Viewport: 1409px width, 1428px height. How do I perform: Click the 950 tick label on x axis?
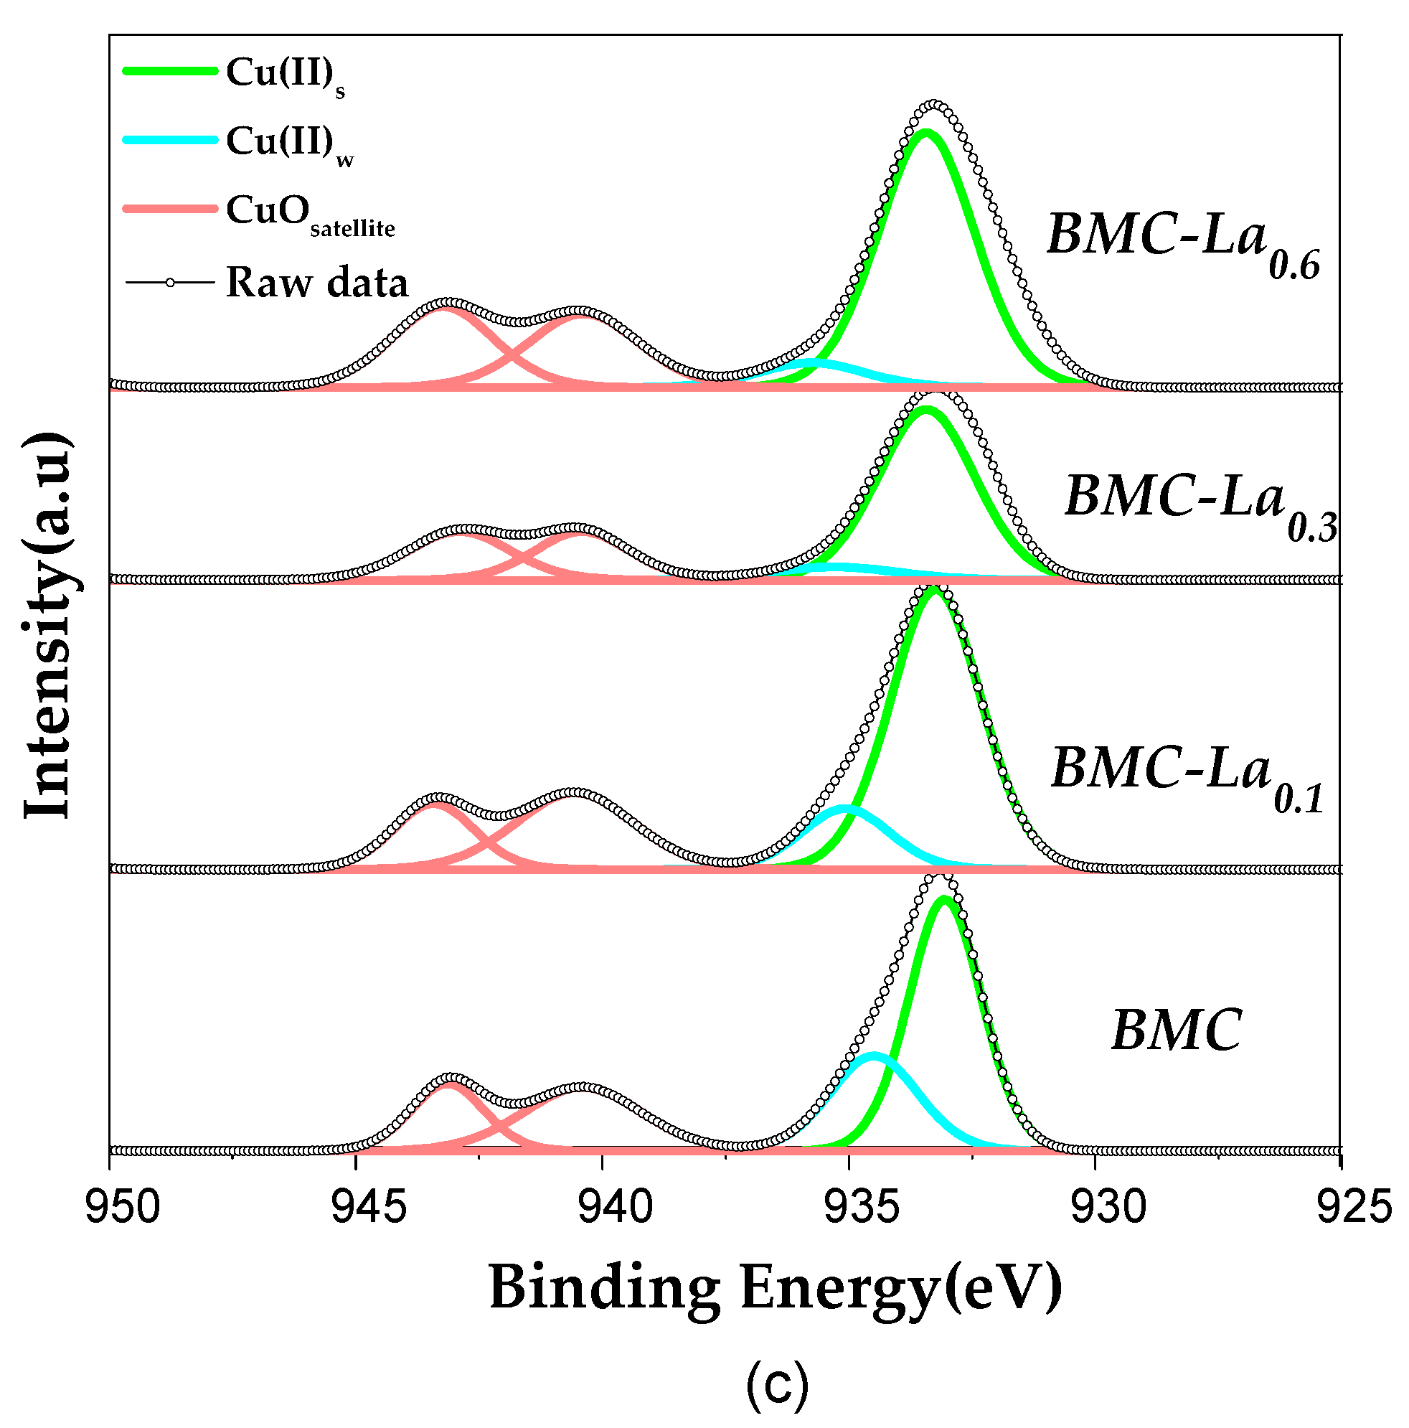click(x=122, y=1208)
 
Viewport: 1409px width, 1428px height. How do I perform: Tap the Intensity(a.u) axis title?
click(x=48, y=624)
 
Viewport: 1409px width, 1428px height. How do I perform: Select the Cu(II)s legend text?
click(x=285, y=75)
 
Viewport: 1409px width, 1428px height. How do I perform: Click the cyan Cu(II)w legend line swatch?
click(x=170, y=141)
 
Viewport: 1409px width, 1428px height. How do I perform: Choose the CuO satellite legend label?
click(x=311, y=213)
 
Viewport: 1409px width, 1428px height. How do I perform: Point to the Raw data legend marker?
click(x=170, y=281)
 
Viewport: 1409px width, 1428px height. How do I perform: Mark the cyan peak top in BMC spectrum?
click(x=875, y=1056)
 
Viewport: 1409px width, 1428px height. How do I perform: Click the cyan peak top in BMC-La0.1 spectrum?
click(x=845, y=809)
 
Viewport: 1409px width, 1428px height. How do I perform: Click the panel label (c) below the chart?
click(x=776, y=1386)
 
